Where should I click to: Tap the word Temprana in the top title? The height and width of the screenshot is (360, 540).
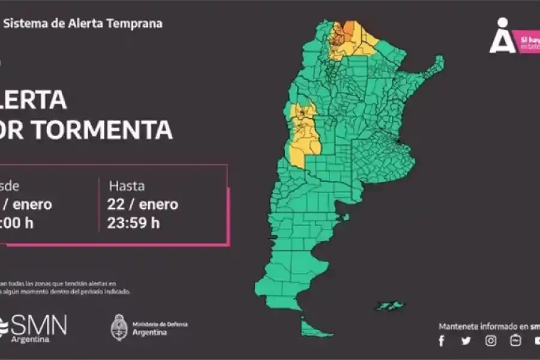[x=136, y=24]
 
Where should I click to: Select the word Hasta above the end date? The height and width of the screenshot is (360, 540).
[x=127, y=186]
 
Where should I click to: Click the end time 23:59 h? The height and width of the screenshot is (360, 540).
[x=134, y=223]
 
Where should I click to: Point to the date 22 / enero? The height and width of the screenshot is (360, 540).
[x=143, y=205]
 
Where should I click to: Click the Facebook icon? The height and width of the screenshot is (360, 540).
[x=442, y=341]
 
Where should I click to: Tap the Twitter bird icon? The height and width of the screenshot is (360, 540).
[x=466, y=341]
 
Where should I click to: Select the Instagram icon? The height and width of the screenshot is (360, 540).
[x=491, y=341]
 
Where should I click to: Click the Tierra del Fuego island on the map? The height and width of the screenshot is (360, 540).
[x=315, y=328]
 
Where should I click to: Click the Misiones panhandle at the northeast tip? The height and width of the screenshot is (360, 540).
[x=435, y=64]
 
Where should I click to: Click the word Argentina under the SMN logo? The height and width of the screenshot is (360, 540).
[x=31, y=340]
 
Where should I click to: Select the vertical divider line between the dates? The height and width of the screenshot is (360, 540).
[x=99, y=205]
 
